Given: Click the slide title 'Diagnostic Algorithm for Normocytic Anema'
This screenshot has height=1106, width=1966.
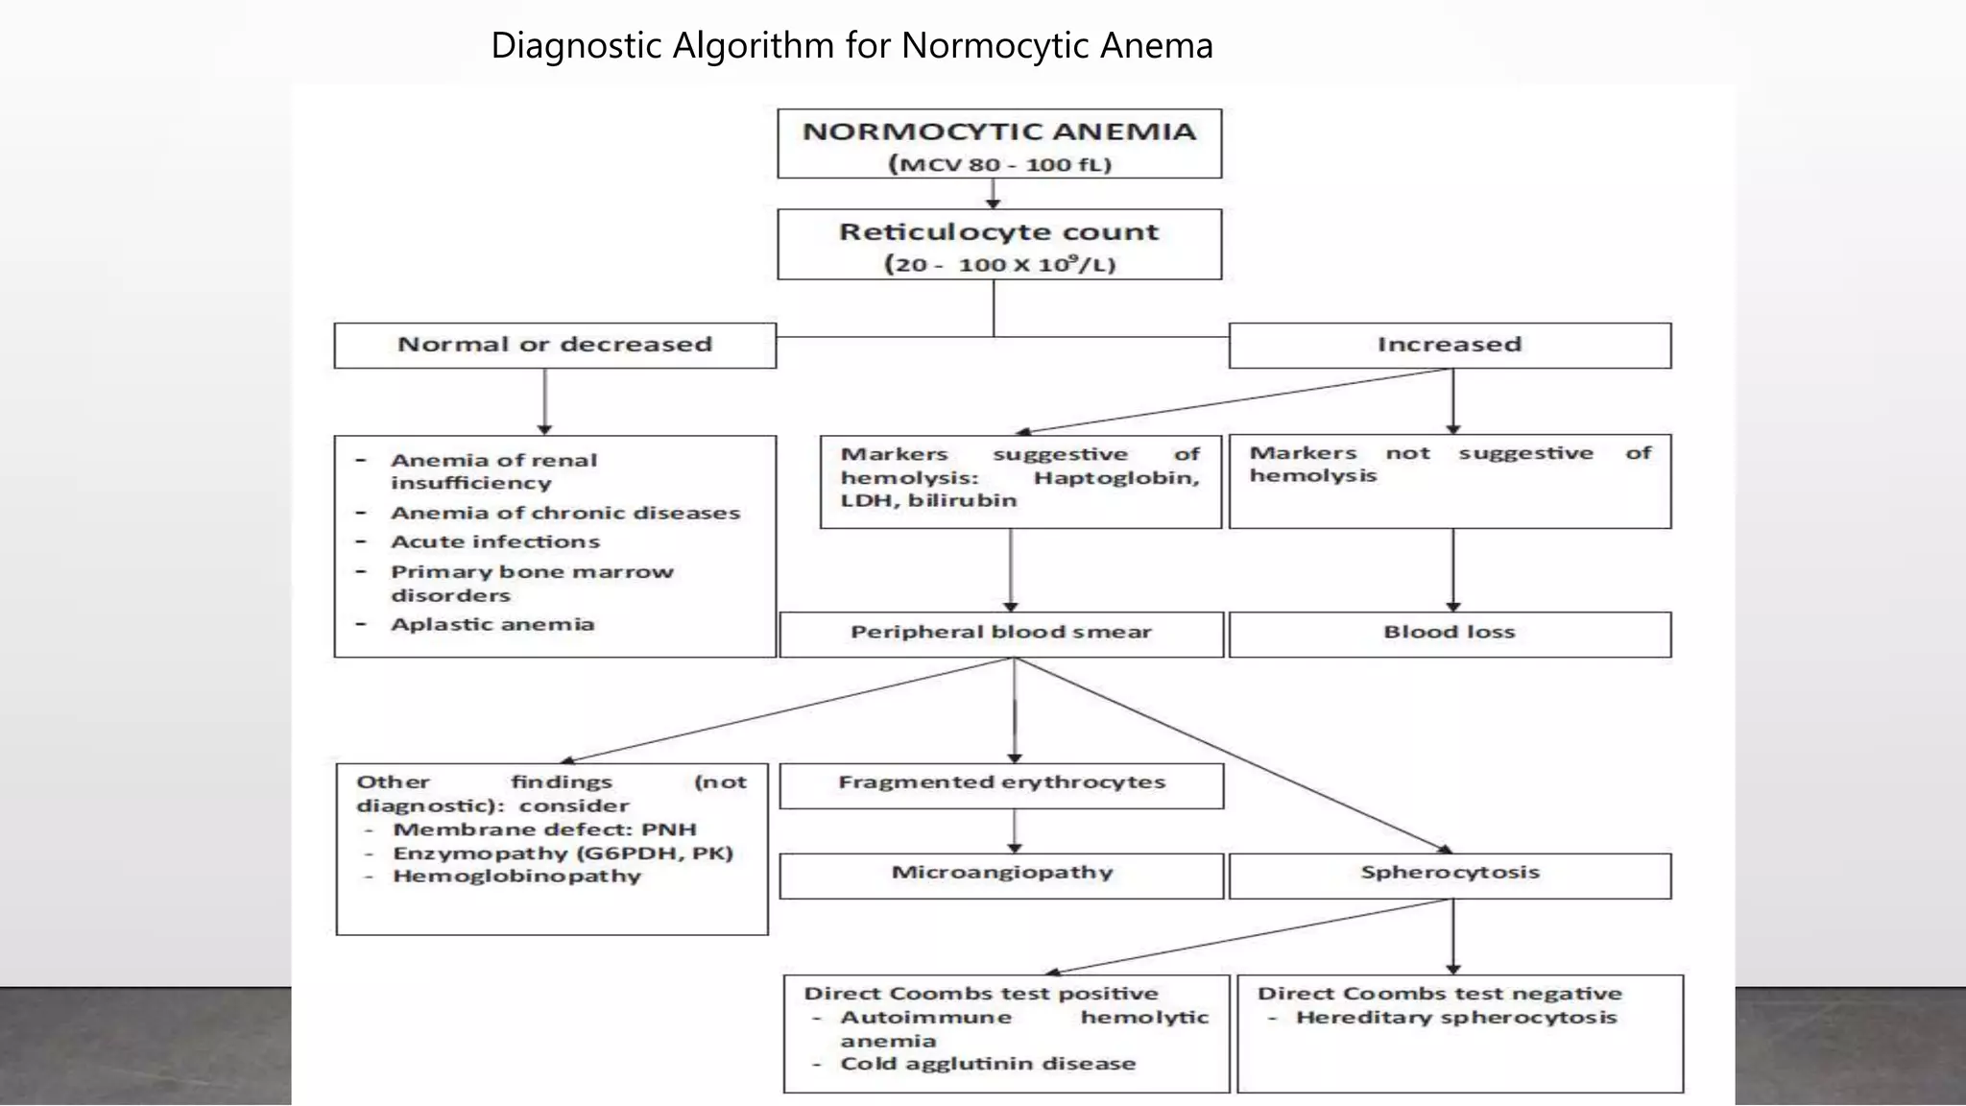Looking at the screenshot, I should coord(851,45).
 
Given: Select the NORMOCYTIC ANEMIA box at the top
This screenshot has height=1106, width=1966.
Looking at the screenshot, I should coord(998,144).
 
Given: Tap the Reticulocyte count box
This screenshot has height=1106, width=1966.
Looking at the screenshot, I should coord(998,245).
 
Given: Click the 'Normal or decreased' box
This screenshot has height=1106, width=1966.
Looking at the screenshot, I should coord(555,345).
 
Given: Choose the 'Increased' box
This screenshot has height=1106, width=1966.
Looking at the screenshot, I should coord(1449,345).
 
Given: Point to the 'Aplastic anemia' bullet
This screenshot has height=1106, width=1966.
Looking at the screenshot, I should coord(492,624).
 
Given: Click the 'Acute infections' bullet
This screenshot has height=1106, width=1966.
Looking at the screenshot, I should coord(494,541).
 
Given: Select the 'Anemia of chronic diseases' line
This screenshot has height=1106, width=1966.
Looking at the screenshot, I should coord(564,513).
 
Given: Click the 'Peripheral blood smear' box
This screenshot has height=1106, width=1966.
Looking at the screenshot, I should coord(1000,633).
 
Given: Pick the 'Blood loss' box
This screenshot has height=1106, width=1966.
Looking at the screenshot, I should coord(1449,633).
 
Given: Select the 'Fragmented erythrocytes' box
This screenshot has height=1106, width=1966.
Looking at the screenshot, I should coord(1000,783).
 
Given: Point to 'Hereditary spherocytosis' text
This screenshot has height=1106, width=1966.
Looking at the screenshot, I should coord(1455,1018).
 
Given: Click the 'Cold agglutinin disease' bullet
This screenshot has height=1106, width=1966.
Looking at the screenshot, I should coord(987,1064).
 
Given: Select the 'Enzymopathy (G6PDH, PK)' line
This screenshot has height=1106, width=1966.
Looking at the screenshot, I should coord(563,854).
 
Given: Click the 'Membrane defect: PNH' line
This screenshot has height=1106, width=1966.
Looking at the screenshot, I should coord(543,829).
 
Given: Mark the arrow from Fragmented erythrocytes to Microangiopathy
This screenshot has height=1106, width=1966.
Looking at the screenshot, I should coord(1015,830).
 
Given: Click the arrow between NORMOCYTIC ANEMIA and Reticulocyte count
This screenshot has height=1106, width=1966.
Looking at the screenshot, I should coord(994,193).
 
